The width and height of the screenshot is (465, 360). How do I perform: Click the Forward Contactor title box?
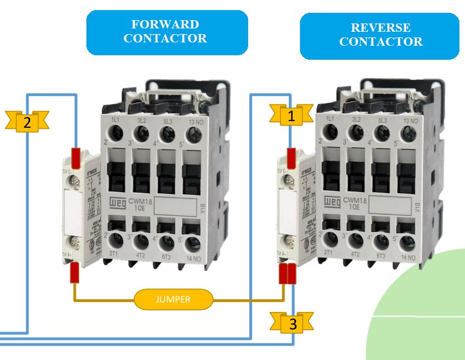[167, 32]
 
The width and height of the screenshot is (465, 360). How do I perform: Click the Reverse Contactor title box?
[381, 35]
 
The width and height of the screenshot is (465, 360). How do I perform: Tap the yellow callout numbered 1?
[290, 116]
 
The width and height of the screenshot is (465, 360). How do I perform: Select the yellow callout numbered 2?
[27, 121]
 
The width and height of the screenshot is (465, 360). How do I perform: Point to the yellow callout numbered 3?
[292, 323]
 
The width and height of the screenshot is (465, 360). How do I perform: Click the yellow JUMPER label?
[173, 299]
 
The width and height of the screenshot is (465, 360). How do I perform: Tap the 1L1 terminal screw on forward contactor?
[116, 133]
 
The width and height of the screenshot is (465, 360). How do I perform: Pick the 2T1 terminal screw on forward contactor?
[116, 241]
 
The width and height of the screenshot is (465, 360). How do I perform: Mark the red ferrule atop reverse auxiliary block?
[290, 153]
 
